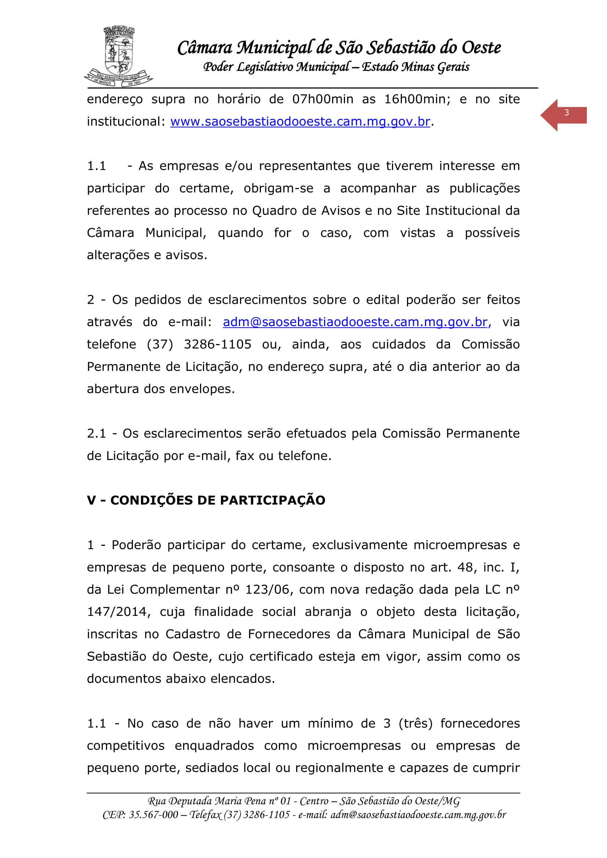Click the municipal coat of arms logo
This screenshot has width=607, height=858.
[119, 56]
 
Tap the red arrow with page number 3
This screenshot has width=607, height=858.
[563, 115]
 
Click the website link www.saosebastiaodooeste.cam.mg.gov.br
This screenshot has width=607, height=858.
[300, 122]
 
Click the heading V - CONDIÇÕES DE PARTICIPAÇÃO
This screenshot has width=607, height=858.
[206, 500]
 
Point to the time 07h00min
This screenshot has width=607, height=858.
[323, 99]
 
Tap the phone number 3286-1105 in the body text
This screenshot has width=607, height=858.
[218, 344]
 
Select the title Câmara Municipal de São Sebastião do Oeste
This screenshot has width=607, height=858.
[339, 48]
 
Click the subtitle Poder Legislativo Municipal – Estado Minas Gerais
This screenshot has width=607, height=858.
[336, 67]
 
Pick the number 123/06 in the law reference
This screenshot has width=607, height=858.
[267, 589]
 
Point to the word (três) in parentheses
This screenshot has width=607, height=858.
[416, 723]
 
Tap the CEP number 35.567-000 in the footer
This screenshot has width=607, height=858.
[153, 815]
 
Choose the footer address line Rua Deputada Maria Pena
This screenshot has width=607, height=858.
[303, 801]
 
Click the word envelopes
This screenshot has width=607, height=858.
[202, 389]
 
